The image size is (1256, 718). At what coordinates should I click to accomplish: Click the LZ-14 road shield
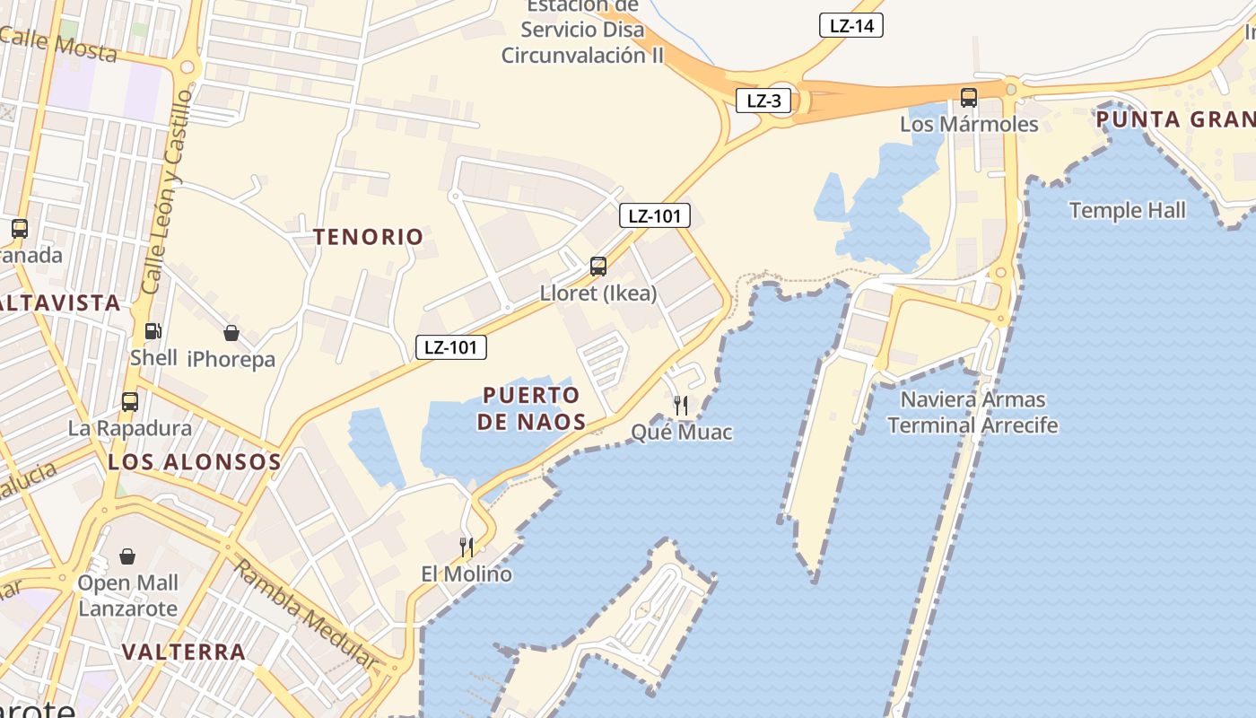(x=851, y=26)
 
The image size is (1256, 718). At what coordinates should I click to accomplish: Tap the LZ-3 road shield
(x=763, y=101)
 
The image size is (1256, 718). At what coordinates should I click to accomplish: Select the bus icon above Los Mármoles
(x=969, y=98)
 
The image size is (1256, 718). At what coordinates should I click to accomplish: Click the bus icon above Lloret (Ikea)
(x=598, y=267)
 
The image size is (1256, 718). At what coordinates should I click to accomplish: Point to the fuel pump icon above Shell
(x=153, y=331)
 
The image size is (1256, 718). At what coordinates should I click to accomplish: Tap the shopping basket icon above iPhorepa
(x=231, y=334)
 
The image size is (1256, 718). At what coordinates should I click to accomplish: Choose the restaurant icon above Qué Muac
(x=681, y=406)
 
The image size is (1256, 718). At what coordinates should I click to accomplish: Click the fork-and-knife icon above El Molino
(x=467, y=547)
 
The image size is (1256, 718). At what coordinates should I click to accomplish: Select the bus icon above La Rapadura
(x=130, y=402)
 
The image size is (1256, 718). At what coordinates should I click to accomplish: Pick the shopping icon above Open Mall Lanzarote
(x=127, y=557)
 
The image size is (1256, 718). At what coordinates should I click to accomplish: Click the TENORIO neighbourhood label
(x=368, y=237)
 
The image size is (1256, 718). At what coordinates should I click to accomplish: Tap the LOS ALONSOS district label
(x=195, y=462)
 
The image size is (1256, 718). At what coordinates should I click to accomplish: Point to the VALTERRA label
(x=183, y=652)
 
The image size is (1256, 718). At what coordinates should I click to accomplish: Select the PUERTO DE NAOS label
(x=531, y=408)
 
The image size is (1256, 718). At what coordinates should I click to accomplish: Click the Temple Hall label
(x=1128, y=211)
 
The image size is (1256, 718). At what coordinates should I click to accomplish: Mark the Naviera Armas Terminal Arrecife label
(x=973, y=412)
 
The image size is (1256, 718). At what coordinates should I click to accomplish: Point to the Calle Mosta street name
(x=59, y=45)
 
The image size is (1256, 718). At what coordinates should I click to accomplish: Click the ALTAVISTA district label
(x=61, y=303)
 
